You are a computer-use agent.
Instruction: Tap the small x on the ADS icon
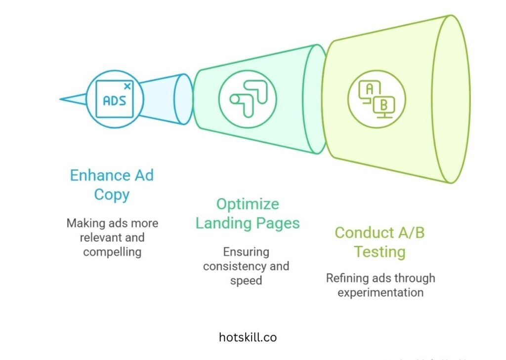(x=127, y=86)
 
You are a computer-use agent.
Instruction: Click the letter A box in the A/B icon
(x=369, y=89)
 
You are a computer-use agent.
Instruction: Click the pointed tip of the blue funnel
(x=62, y=99)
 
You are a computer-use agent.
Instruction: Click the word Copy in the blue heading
(x=112, y=194)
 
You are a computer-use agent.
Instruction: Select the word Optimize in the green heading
(x=248, y=204)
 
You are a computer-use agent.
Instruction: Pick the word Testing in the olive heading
(x=379, y=251)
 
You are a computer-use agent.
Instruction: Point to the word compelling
(x=112, y=252)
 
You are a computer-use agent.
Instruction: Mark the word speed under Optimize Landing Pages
(x=246, y=280)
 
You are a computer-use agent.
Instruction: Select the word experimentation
(x=380, y=292)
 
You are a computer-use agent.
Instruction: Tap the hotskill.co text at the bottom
(x=248, y=337)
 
